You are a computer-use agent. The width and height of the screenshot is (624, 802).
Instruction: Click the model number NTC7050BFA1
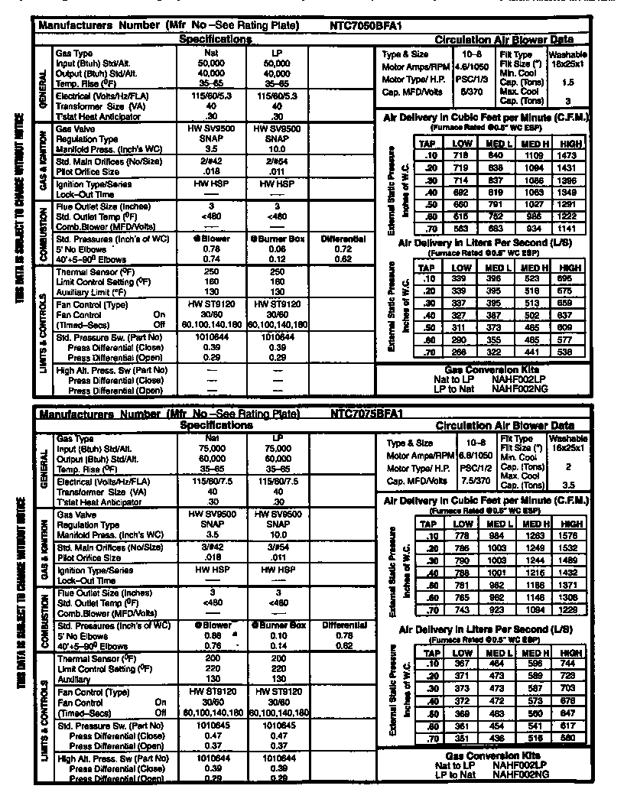click(366, 25)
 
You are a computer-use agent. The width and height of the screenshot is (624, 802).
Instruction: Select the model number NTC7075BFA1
click(366, 414)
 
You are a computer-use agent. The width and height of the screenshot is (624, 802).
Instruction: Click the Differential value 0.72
click(343, 249)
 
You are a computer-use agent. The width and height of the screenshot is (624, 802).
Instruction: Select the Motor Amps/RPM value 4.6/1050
click(471, 67)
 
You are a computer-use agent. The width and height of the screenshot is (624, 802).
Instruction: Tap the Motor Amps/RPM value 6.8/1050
click(471, 455)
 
